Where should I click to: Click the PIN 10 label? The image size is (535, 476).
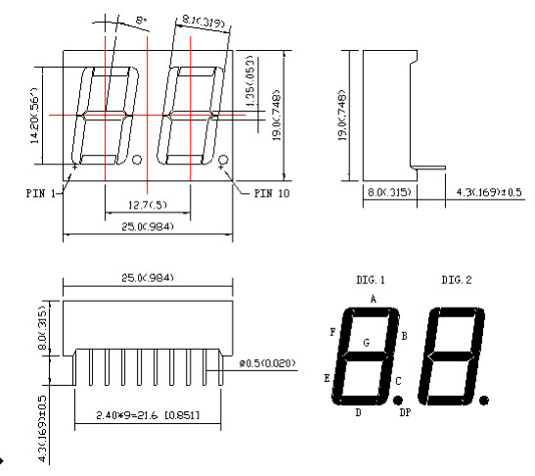(273, 193)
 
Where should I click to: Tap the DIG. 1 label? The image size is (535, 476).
(371, 280)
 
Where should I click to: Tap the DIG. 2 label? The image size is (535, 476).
(456, 280)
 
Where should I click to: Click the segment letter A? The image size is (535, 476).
(373, 297)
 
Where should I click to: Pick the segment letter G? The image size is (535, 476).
(367, 342)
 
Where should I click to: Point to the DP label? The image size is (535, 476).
(405, 413)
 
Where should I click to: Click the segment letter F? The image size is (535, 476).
(334, 332)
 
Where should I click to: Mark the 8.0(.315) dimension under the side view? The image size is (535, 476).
(383, 194)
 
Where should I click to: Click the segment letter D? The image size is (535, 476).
(358, 413)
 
